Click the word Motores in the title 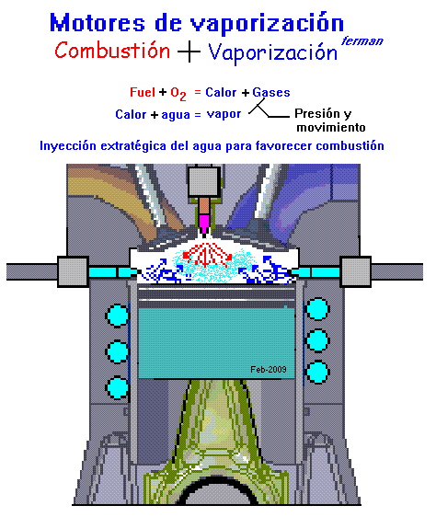tap(98, 23)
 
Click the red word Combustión tap(112, 51)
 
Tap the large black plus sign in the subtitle tap(189, 52)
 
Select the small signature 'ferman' tap(362, 41)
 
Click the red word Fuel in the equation tap(143, 92)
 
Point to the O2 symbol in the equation tap(178, 94)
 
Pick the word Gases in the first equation tap(271, 92)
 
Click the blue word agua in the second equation tap(176, 115)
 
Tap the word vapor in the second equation tap(224, 114)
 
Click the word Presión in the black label tap(317, 113)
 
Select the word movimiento tap(331, 127)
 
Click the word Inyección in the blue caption tap(68, 145)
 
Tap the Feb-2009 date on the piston tap(268, 369)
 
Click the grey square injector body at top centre tap(204, 182)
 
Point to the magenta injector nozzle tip tap(204, 224)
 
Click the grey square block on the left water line tap(73, 271)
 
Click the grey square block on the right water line tap(356, 271)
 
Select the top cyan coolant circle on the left tap(118, 316)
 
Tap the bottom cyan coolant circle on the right tap(317, 373)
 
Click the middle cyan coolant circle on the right tap(317, 340)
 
